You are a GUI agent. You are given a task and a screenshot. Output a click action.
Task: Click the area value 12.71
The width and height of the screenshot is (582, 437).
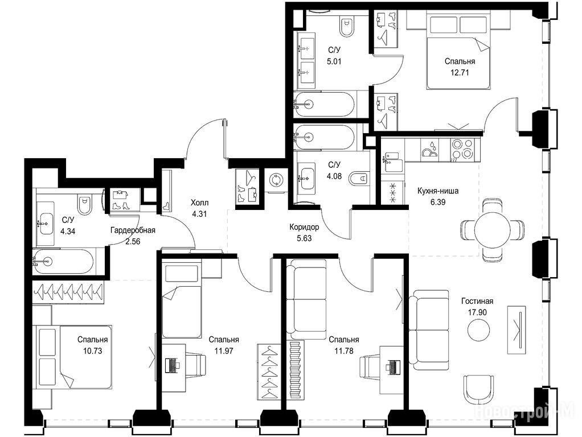pos(460,73)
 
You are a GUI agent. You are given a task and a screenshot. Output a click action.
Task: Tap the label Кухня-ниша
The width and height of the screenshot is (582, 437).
pos(437,191)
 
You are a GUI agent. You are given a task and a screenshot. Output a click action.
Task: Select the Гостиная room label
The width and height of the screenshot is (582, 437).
pos(477,301)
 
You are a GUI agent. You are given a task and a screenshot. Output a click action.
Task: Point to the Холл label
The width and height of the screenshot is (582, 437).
pos(199,203)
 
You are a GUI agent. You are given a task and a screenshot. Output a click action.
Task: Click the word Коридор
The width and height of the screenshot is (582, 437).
pos(304,227)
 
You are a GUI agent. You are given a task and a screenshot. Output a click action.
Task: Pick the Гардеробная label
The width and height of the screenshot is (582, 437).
pos(133,230)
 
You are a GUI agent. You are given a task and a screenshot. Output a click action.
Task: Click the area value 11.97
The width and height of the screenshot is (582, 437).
pos(223,351)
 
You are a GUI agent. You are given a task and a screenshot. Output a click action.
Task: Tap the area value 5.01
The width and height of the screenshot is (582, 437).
pos(334,61)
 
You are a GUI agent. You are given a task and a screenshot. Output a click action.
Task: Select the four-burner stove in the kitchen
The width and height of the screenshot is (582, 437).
pos(462,149)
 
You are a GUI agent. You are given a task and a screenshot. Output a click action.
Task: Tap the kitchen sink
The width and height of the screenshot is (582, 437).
pos(391,162)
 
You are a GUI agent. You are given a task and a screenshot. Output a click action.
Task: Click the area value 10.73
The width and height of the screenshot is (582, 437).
pos(92,351)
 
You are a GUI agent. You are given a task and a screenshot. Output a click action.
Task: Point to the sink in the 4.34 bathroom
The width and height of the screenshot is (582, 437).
pos(46,224)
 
